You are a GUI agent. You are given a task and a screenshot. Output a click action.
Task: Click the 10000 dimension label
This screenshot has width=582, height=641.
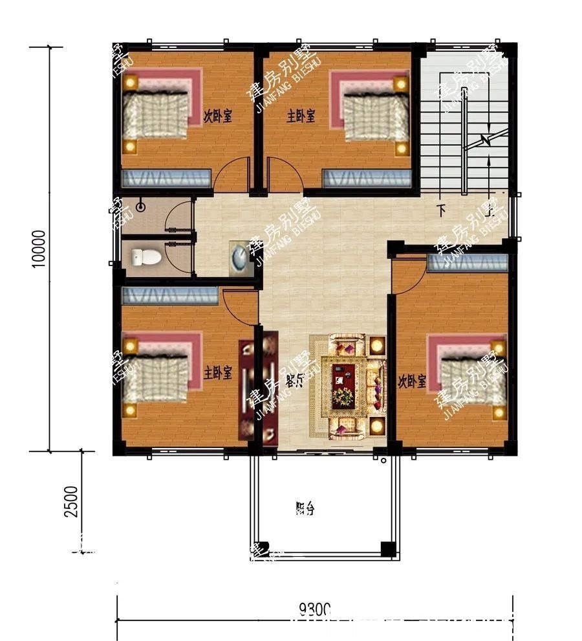click(x=40, y=249)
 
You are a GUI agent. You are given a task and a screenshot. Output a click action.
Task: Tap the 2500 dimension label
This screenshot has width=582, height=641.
click(x=72, y=501)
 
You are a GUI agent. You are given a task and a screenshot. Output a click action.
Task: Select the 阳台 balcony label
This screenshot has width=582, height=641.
click(x=305, y=509)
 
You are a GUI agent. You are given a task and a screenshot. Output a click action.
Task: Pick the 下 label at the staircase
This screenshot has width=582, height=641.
click(x=442, y=210)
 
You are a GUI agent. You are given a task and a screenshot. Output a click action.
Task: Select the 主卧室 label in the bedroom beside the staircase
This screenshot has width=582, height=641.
click(x=301, y=116)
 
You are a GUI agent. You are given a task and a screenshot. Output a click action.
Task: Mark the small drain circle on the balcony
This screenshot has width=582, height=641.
click(x=384, y=461)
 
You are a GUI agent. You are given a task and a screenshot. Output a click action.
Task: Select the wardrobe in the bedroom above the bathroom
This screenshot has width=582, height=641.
click(x=167, y=178)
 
